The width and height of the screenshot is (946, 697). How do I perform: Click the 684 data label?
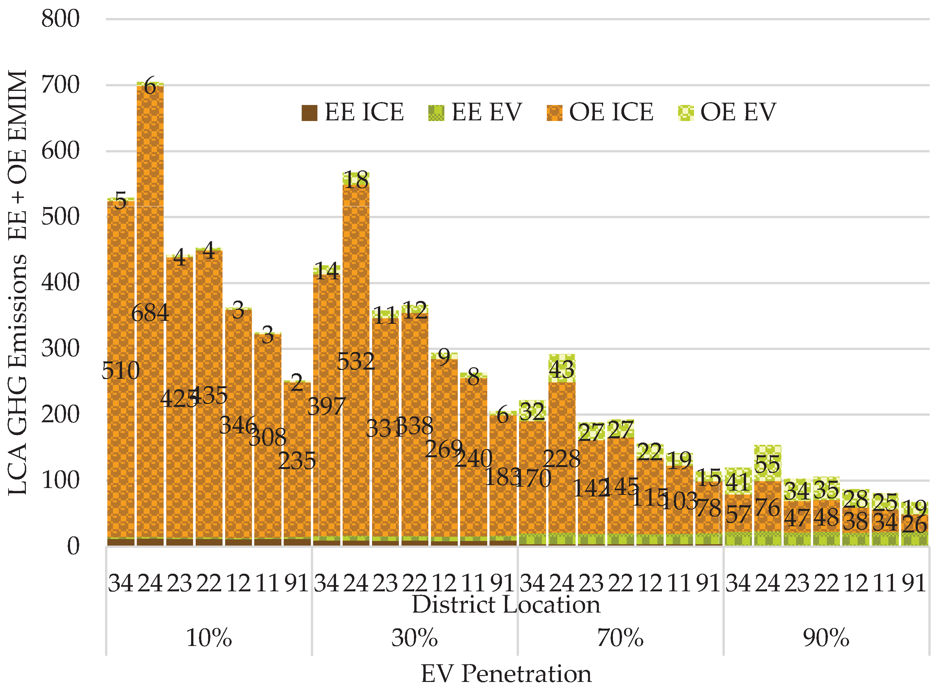(x=150, y=313)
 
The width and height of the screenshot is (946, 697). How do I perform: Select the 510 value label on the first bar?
(x=120, y=371)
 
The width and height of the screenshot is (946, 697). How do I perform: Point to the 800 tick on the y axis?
(x=60, y=19)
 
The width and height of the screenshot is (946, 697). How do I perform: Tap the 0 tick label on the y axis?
(x=73, y=546)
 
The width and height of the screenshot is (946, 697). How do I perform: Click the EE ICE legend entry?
(x=352, y=112)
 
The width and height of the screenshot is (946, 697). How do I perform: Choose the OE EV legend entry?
(x=727, y=112)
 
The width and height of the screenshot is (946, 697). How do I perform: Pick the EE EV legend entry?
(x=475, y=112)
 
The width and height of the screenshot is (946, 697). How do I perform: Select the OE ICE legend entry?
(x=599, y=112)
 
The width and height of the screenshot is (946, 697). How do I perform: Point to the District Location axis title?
(x=506, y=605)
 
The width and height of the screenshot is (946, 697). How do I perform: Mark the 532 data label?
(x=356, y=361)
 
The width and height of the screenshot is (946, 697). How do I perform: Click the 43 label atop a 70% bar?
(x=562, y=369)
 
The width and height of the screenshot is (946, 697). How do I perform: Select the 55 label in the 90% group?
(x=767, y=464)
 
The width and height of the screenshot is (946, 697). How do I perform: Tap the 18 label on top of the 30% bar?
(x=356, y=180)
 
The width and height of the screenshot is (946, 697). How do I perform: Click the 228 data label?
(x=562, y=459)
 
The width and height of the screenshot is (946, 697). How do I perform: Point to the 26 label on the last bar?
(x=914, y=525)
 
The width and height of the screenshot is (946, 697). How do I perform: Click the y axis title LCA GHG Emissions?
(x=18, y=283)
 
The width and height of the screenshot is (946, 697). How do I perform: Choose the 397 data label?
(x=326, y=406)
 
